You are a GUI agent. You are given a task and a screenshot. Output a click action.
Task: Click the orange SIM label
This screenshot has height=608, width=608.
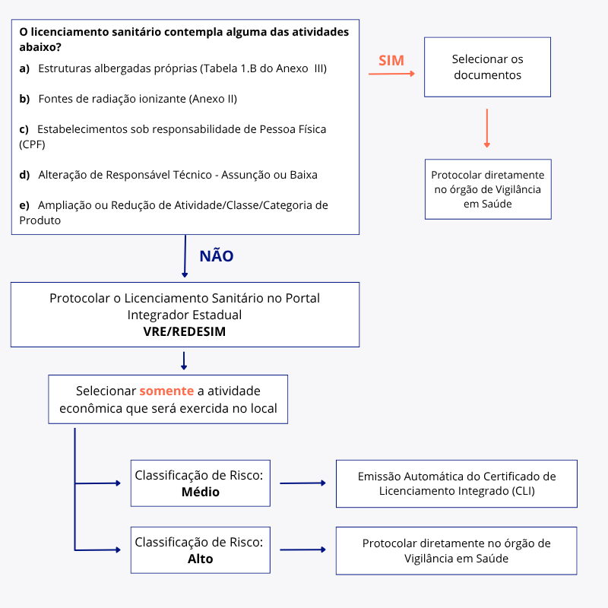[391, 61]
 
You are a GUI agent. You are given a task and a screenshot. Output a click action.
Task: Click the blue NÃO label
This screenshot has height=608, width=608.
[217, 256]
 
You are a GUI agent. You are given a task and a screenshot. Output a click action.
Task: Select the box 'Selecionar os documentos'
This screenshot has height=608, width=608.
[487, 67]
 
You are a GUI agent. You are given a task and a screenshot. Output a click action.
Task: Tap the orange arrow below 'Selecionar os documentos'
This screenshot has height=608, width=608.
[487, 128]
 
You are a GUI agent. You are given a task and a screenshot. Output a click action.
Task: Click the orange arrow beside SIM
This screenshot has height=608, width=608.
[391, 74]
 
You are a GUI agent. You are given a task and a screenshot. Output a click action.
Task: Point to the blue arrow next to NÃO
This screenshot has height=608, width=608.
[185, 256]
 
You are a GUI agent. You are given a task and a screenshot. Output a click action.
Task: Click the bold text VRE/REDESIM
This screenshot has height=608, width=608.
[185, 331]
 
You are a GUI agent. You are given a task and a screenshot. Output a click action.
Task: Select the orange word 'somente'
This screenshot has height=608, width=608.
[166, 391]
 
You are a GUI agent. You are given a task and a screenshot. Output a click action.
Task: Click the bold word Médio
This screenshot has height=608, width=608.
[201, 492]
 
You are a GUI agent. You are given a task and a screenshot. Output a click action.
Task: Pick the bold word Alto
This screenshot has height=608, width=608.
[201, 559]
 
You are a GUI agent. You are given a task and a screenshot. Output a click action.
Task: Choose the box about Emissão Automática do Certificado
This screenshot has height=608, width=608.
[457, 483]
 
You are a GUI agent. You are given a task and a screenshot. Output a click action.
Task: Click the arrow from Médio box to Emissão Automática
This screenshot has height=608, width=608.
[302, 483]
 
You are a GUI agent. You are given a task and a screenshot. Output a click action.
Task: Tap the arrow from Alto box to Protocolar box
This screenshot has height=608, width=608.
[302, 549]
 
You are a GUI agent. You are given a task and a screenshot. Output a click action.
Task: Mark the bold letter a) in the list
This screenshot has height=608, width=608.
[24, 68]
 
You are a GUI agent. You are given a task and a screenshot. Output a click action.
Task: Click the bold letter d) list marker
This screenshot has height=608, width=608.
[24, 175]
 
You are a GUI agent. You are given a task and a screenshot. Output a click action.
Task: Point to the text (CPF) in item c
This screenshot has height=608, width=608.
[32, 144]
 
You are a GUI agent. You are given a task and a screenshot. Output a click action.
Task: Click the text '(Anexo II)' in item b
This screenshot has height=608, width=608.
[214, 99]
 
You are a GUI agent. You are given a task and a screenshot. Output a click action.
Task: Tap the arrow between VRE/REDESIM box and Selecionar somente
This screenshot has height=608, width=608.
[184, 360]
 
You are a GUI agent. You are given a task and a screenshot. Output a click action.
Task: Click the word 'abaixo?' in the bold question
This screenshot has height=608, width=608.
[40, 47]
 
